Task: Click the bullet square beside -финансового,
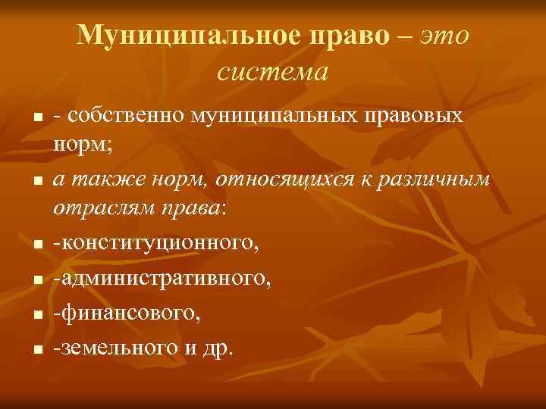coord(34,313)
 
